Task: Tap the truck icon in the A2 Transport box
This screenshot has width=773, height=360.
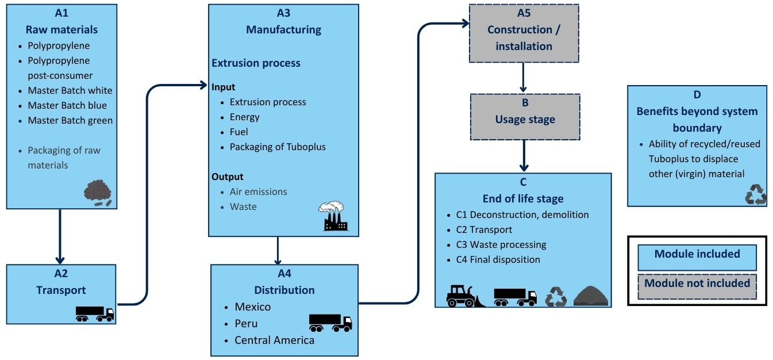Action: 95,313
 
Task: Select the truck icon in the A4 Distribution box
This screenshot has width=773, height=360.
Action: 330,323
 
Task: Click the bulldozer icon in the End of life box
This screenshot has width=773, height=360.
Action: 465,296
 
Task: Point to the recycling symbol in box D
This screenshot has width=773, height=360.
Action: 755,195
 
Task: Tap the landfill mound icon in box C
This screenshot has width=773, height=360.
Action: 591,296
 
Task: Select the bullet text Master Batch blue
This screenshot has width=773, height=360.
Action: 67,105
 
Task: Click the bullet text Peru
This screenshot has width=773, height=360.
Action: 246,323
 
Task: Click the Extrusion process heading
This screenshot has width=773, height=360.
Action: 256,63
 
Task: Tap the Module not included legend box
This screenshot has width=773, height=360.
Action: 697,284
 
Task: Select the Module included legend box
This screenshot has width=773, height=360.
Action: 697,254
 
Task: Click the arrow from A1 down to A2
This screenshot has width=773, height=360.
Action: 61,236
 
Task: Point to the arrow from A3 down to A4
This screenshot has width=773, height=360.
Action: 278,250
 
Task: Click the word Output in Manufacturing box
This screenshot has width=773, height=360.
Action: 227,177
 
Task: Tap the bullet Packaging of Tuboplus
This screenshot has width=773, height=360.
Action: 278,147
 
